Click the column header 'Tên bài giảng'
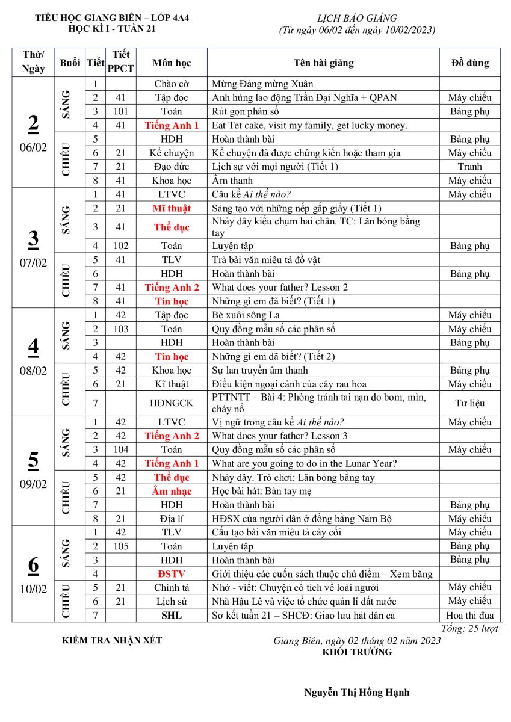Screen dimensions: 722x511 click(323, 63)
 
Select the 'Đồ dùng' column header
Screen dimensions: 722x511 click(469, 63)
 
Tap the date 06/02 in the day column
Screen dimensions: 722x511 click(34, 147)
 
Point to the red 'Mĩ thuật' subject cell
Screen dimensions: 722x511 click(172, 208)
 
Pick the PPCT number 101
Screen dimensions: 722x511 click(120, 111)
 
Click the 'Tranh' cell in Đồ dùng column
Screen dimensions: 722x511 click(469, 167)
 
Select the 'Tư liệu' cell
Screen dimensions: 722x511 click(469, 403)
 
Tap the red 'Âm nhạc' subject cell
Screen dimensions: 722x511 click(172, 492)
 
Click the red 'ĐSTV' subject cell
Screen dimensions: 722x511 click(172, 574)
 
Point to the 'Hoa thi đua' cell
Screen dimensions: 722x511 click(469, 616)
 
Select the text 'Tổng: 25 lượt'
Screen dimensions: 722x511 click(469, 628)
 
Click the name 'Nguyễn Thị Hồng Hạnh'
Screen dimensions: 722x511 click(357, 692)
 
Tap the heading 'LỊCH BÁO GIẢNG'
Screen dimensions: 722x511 click(357, 19)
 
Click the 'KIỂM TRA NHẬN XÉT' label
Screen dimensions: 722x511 click(112, 640)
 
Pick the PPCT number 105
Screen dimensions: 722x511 click(120, 546)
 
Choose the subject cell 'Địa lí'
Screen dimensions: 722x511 click(172, 519)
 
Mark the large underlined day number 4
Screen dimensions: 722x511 click(34, 347)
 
